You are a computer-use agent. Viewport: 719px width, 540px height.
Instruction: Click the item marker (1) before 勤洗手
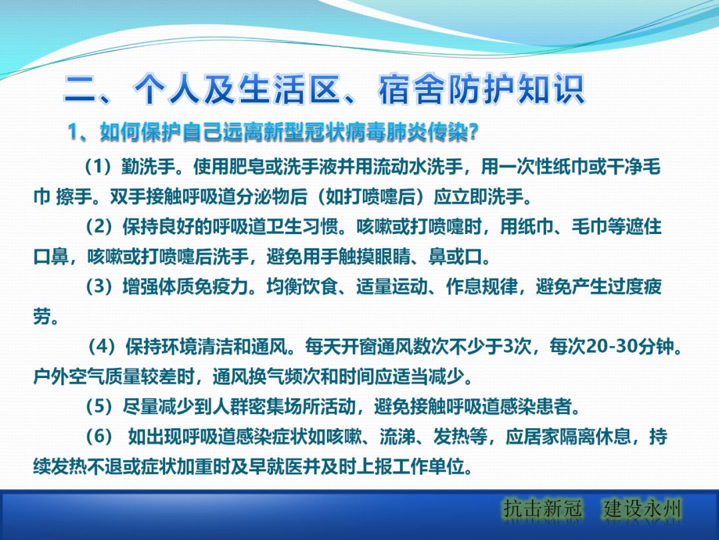[99, 167]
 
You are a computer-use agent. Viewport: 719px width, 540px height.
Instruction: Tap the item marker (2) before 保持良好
[99, 227]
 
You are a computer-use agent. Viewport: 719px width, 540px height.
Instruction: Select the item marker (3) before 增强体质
[99, 287]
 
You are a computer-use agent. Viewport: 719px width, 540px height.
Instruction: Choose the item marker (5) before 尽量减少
[99, 407]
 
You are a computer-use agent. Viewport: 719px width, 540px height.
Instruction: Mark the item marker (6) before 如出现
[99, 437]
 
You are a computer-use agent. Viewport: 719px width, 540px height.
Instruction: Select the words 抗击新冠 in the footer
[543, 509]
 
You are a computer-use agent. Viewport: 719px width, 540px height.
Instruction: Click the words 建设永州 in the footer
[643, 509]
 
